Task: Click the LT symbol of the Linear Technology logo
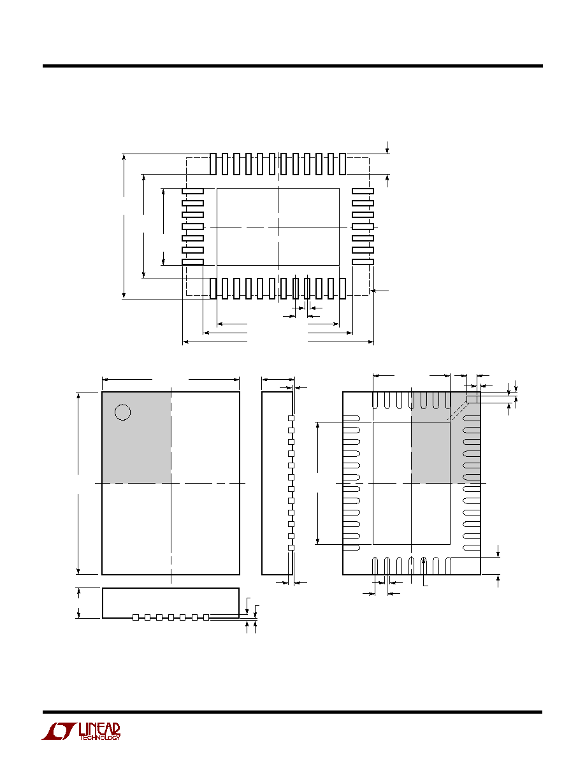(59, 732)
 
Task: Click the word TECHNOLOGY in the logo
(100, 738)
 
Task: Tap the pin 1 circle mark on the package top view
(122, 412)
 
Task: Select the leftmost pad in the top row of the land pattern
(213, 164)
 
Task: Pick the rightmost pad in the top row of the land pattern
(343, 164)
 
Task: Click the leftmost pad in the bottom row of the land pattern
(213, 288)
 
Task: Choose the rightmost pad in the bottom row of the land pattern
(343, 288)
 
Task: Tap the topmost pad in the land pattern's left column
(192, 191)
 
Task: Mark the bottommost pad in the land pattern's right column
(363, 262)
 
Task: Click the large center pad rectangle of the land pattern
(278, 227)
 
